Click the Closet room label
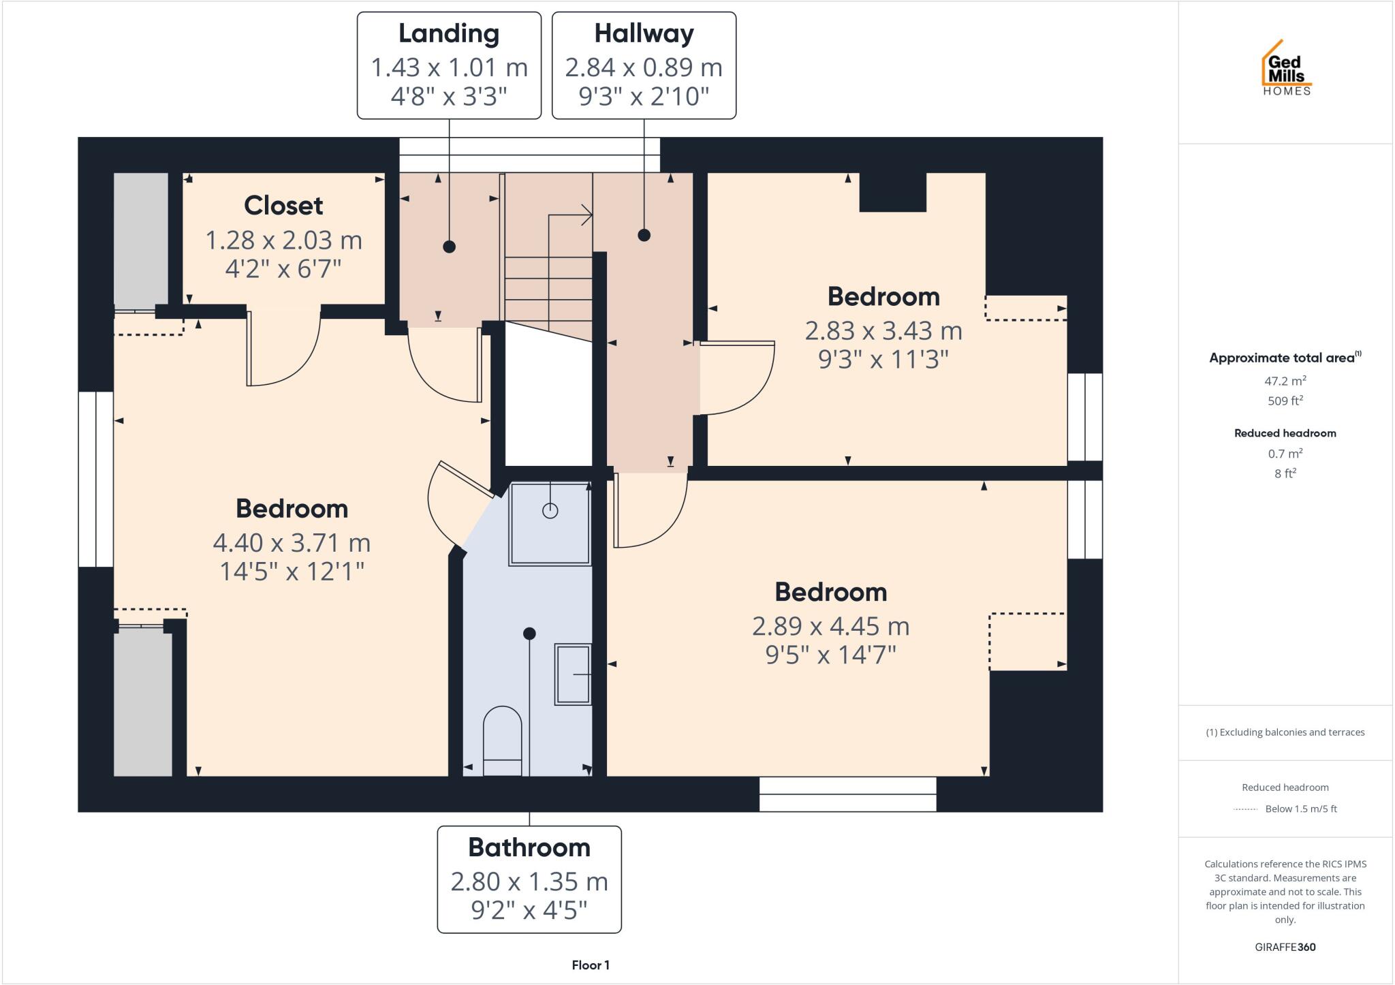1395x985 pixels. pyautogui.click(x=283, y=206)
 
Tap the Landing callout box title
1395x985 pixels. pyautogui.click(x=449, y=33)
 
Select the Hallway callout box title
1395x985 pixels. pyautogui.click(x=644, y=33)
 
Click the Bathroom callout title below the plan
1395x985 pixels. pyautogui.click(x=529, y=848)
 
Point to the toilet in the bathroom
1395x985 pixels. pyautogui.click(x=503, y=739)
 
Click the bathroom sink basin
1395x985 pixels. pyautogui.click(x=573, y=674)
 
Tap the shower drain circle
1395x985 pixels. pyautogui.click(x=550, y=511)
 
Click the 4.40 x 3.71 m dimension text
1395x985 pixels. pyautogui.click(x=292, y=543)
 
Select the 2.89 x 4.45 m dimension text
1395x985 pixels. pyautogui.click(x=830, y=626)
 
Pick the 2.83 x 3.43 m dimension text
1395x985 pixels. pyautogui.click(x=883, y=331)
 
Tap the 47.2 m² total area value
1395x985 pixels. pyautogui.click(x=1285, y=381)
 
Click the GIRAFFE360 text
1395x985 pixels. pyautogui.click(x=1285, y=948)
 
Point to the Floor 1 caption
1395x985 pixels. pyautogui.click(x=591, y=965)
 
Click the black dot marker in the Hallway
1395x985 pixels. pyautogui.click(x=644, y=235)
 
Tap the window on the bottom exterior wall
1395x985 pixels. pyautogui.click(x=847, y=794)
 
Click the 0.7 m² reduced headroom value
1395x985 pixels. pyautogui.click(x=1285, y=454)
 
